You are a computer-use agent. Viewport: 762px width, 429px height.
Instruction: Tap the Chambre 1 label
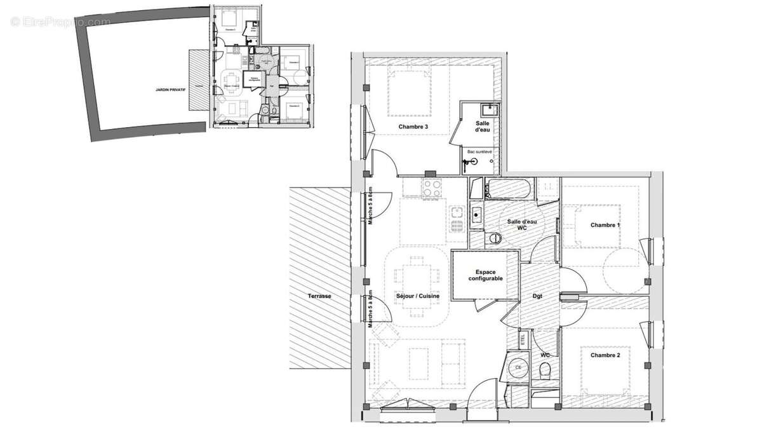click(605, 225)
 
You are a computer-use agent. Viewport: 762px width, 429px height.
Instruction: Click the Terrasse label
click(319, 296)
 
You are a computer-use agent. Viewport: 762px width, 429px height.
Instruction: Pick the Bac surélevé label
click(481, 152)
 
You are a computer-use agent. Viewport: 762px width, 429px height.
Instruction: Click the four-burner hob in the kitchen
click(432, 189)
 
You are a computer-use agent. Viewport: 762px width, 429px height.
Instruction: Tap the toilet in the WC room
click(545, 371)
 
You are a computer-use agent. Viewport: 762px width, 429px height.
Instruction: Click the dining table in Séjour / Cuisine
click(416, 280)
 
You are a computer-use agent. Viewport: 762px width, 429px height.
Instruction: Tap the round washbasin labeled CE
click(518, 367)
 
